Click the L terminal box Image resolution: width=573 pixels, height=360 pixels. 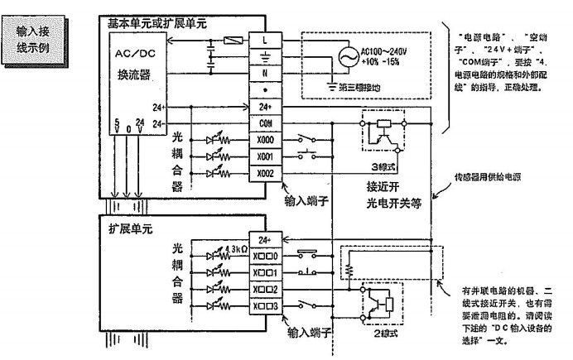coord(265,40)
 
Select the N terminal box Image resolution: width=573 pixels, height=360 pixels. coord(265,72)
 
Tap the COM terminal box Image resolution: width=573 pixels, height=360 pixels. coord(265,123)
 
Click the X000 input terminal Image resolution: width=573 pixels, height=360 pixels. coord(265,140)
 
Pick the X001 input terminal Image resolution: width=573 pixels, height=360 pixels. coord(265,156)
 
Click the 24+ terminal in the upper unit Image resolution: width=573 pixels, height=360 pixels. coord(265,107)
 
